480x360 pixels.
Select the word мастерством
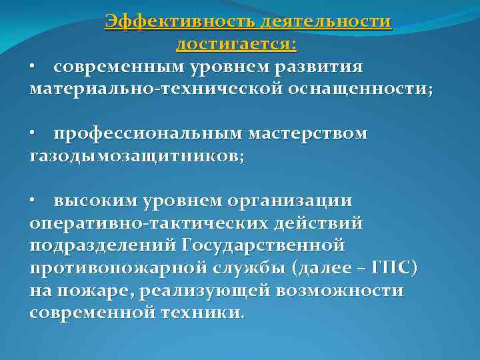307,134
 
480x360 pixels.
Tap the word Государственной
262,245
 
